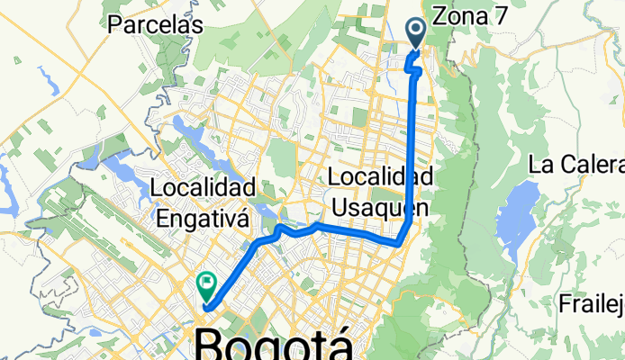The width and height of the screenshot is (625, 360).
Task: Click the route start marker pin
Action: tap(417, 33)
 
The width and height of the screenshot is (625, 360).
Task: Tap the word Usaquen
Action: tap(378, 207)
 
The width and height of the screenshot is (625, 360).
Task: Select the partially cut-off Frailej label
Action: tap(591, 300)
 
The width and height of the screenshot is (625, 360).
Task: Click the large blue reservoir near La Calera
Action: tap(516, 215)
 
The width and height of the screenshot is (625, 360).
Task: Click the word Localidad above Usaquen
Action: tap(381, 175)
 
